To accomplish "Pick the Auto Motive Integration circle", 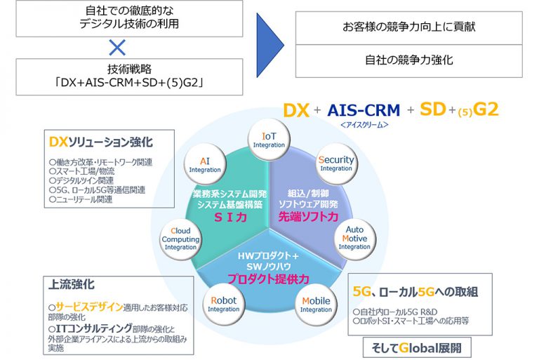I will (x=354, y=238).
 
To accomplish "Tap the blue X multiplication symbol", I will (x=117, y=47).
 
